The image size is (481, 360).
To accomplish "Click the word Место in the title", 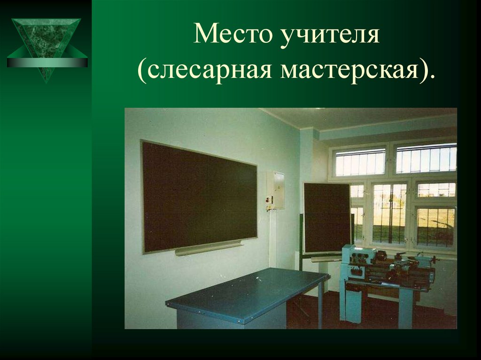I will pyautogui.click(x=224, y=36).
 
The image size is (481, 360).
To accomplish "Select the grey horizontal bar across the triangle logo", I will pyautogui.click(x=47, y=62).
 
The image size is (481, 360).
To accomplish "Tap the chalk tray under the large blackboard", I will pyautogui.click(x=209, y=248).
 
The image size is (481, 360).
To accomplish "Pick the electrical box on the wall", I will pyautogui.click(x=276, y=190).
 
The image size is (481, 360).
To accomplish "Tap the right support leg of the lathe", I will pyautogui.click(x=405, y=307).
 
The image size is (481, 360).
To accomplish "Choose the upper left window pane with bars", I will pyautogui.click(x=360, y=162).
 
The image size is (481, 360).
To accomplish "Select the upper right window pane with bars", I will pyautogui.click(x=426, y=158).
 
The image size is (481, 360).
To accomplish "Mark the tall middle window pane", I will pyautogui.click(x=389, y=213).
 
